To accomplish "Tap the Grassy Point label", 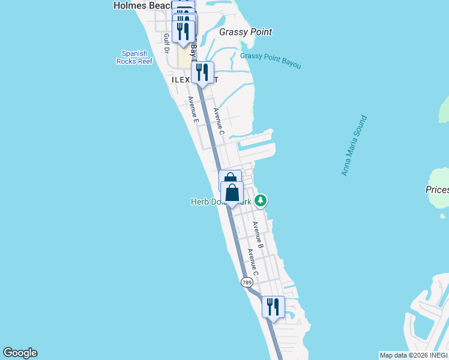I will (x=246, y=32).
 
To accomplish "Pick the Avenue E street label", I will (x=193, y=110).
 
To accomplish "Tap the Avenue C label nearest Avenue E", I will (x=218, y=121).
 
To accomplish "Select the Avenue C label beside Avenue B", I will (x=252, y=262).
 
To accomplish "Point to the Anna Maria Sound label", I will (x=354, y=146).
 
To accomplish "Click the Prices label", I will (x=436, y=190).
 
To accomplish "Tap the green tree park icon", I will (x=260, y=200).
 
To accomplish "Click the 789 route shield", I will (x=247, y=281).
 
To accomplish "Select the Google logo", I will (x=20, y=353).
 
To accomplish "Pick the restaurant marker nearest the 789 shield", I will (x=273, y=307).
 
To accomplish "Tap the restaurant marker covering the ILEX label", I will (x=203, y=72).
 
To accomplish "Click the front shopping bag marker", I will (x=232, y=193).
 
